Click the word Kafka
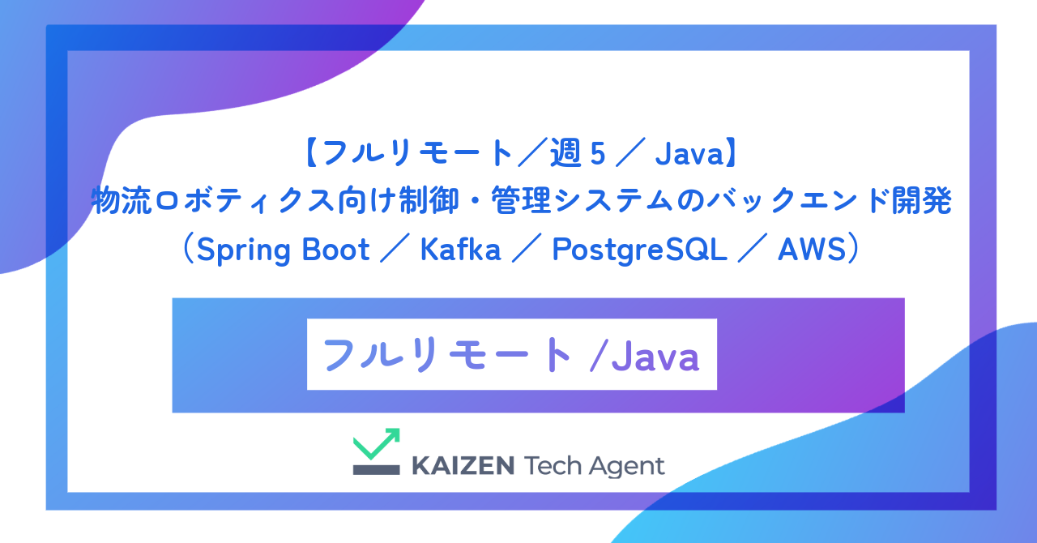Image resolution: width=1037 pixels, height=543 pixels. (x=461, y=250)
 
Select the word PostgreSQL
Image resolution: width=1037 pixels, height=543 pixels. (x=640, y=250)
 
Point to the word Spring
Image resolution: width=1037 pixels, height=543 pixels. (x=243, y=250)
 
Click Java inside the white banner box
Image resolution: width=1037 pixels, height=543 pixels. (x=655, y=356)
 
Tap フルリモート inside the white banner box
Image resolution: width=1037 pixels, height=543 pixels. (x=447, y=355)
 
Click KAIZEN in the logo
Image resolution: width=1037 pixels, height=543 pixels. (x=463, y=466)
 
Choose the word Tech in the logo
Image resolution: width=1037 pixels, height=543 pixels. (x=555, y=466)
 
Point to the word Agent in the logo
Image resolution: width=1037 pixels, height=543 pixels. (x=629, y=467)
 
